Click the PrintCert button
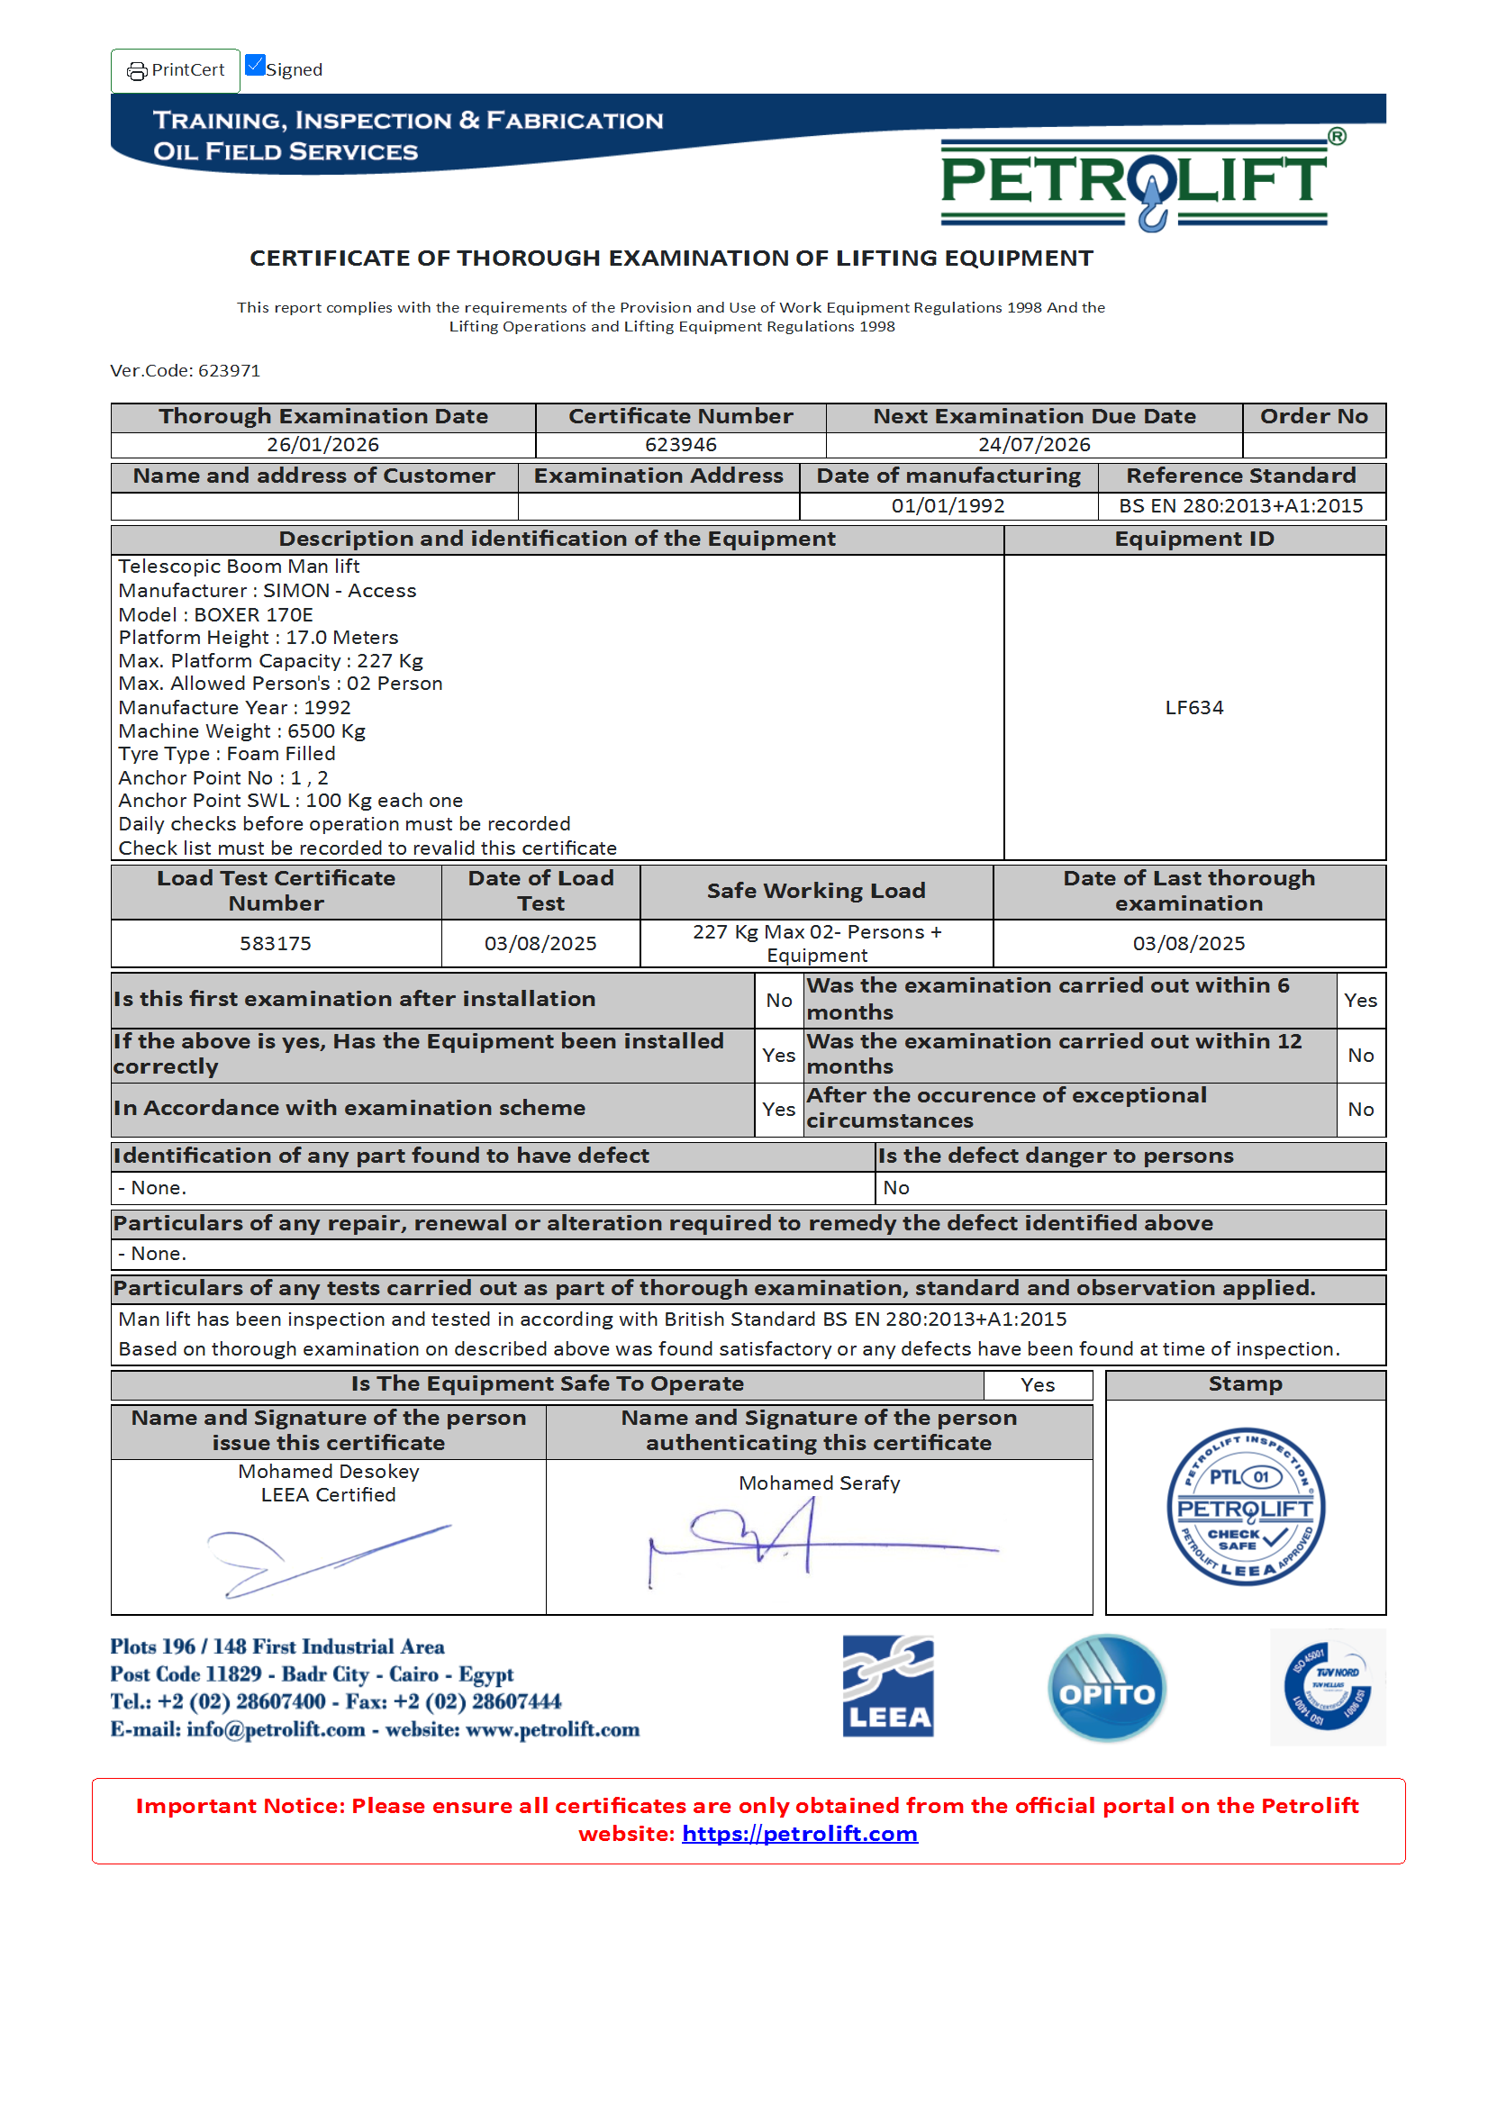(175, 70)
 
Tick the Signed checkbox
(255, 66)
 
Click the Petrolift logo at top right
(1133, 181)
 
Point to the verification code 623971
(229, 370)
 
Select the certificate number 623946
(680, 444)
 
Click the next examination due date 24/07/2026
(1033, 444)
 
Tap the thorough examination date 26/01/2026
(322, 444)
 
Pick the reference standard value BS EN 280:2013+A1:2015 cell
(1239, 506)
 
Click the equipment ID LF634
(1193, 707)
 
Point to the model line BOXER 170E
(215, 615)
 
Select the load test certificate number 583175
(275, 943)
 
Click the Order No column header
(1313, 416)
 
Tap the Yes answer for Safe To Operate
(1038, 1384)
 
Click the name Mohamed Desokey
(328, 1471)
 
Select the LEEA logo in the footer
(887, 1686)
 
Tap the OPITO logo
(1106, 1687)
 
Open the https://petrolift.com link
(799, 1834)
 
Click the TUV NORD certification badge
(1327, 1687)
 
